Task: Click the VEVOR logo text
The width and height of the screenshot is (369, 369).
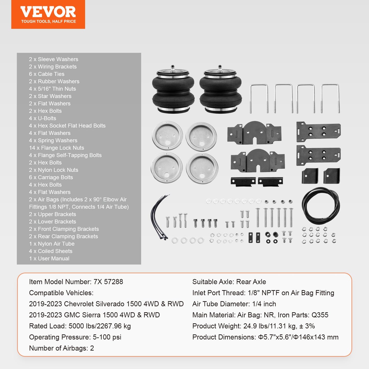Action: pyautogui.click(x=48, y=12)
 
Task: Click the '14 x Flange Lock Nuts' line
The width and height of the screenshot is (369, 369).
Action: pyautogui.click(x=56, y=148)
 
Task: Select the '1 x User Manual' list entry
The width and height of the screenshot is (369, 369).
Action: pyautogui.click(x=49, y=258)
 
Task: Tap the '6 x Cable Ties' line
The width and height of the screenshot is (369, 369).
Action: pyautogui.click(x=46, y=74)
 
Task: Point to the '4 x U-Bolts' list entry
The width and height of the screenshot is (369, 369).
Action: pyautogui.click(x=42, y=118)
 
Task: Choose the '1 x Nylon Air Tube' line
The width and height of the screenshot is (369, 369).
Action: pyautogui.click(x=52, y=244)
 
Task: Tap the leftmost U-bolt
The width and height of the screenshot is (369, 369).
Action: pyautogui.click(x=259, y=98)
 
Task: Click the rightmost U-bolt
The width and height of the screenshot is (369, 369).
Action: pyautogui.click(x=330, y=98)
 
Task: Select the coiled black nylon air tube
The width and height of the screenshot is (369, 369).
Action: pyautogui.click(x=321, y=206)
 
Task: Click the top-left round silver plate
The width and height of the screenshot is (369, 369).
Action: pyautogui.click(x=167, y=135)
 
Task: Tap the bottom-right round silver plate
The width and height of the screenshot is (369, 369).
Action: pyautogui.click(x=202, y=168)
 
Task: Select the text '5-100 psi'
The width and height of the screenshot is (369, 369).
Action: pyautogui.click(x=107, y=337)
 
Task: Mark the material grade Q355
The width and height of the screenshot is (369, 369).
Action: pyautogui.click(x=320, y=315)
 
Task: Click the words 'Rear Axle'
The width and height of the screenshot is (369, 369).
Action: pyautogui.click(x=251, y=282)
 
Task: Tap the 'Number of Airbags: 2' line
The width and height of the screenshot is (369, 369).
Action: pyautogui.click(x=62, y=348)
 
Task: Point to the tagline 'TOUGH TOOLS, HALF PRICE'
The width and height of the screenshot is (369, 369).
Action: pyautogui.click(x=49, y=21)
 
